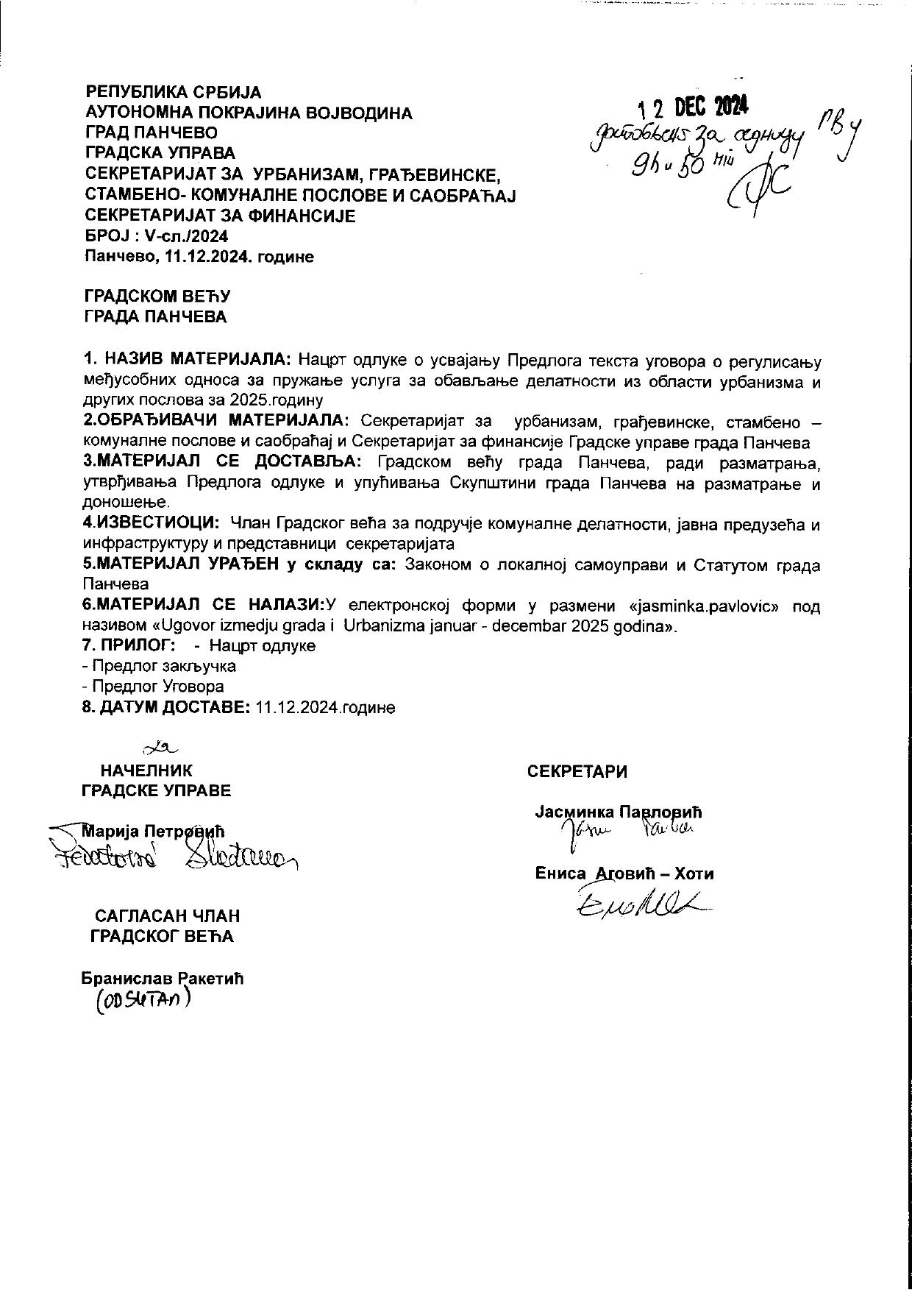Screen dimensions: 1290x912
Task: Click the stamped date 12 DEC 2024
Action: [x=694, y=108]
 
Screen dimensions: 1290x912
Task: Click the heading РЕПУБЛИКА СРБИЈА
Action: [x=174, y=93]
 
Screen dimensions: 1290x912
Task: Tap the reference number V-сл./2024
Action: [x=188, y=236]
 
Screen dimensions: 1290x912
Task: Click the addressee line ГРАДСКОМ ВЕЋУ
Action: [x=158, y=297]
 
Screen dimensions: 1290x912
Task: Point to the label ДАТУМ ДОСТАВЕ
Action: [x=175, y=707]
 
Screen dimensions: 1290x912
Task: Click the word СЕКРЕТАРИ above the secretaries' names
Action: [x=577, y=771]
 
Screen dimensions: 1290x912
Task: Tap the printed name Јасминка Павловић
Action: [x=619, y=812]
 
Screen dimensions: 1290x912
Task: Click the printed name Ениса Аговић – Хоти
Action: [x=624, y=874]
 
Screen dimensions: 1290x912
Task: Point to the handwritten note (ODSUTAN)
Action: [x=143, y=1002]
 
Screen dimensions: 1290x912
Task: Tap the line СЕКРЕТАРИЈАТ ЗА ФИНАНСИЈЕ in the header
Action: [x=221, y=216]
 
